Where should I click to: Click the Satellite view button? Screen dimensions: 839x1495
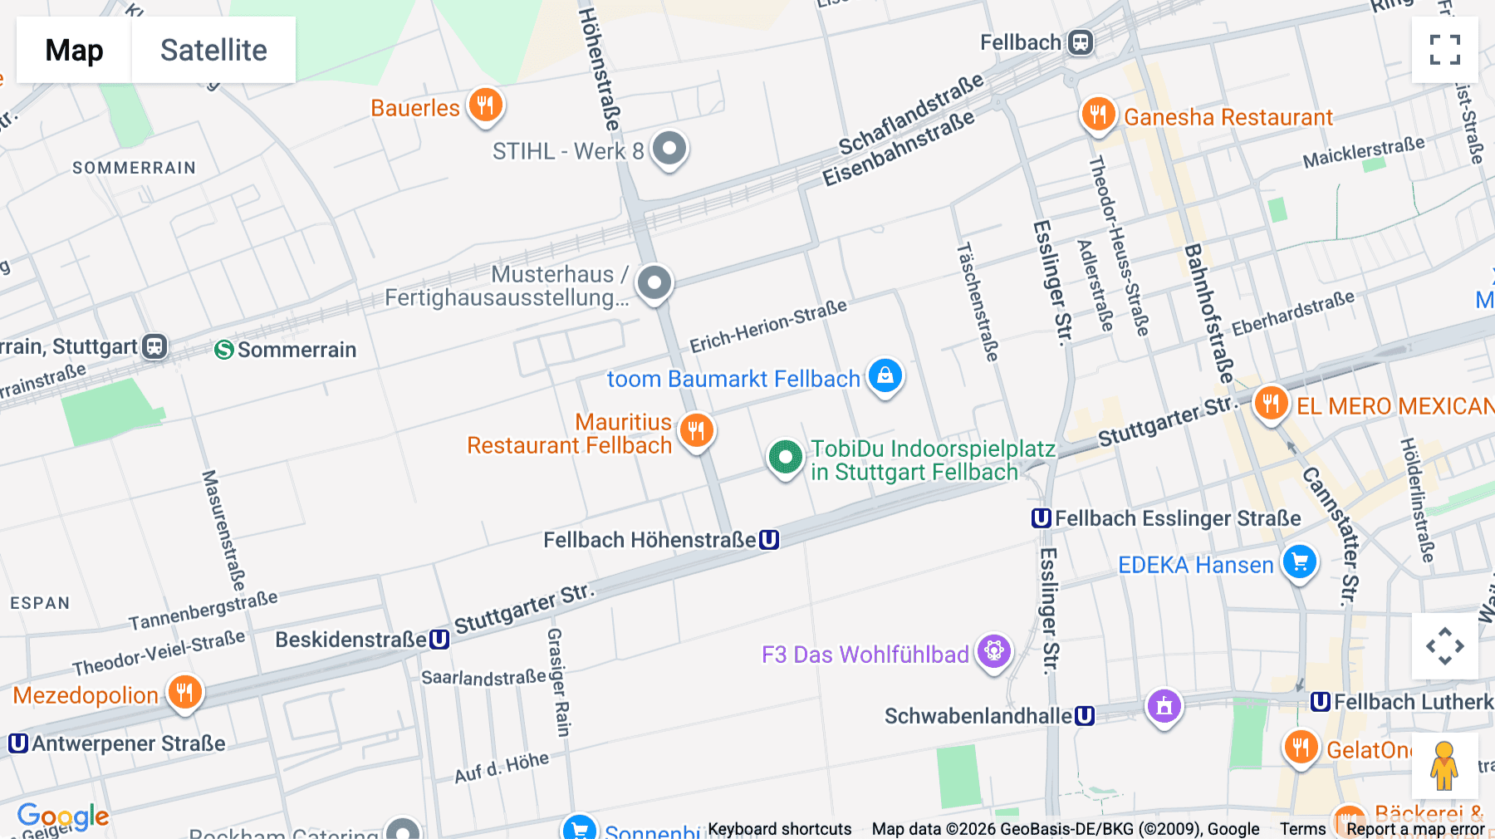tap(213, 50)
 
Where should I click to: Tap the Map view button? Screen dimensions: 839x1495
tap(74, 50)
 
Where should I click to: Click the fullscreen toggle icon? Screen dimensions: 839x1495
tap(1444, 50)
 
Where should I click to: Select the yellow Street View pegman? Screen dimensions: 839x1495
tap(1444, 765)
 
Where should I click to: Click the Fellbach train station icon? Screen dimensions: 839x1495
tap(1080, 42)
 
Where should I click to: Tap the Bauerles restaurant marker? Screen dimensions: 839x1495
tap(486, 105)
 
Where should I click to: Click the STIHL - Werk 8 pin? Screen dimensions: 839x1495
tap(669, 149)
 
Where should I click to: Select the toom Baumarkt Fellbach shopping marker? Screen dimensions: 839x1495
tap(885, 375)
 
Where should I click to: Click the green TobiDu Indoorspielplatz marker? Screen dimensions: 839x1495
tap(785, 456)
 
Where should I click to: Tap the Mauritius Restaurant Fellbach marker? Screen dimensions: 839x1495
tap(696, 430)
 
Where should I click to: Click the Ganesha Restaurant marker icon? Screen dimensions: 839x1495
tap(1098, 114)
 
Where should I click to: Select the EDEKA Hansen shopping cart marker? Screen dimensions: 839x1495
tap(1300, 562)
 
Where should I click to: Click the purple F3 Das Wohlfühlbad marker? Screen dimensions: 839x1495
tap(994, 650)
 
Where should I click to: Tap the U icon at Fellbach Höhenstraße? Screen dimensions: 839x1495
tap(769, 540)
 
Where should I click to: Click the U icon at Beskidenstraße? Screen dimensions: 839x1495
tap(439, 640)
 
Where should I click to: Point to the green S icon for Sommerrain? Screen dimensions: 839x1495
tap(223, 350)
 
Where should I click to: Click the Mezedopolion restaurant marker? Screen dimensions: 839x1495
tap(184, 692)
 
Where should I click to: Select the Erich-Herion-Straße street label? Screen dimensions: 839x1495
tap(768, 326)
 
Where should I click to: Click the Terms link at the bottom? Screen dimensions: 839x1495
tap(1302, 828)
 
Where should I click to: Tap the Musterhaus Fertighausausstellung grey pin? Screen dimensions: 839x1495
tap(654, 283)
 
